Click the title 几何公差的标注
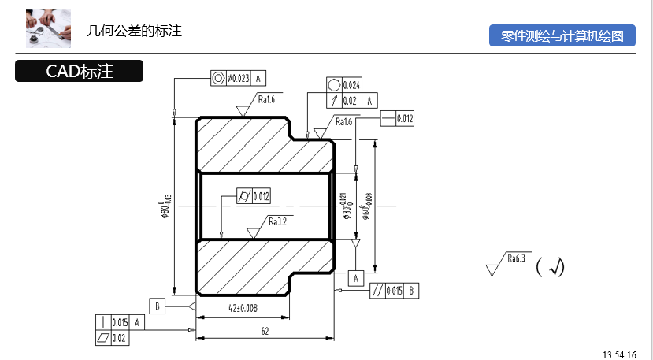coord(135,32)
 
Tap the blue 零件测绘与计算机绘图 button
coord(562,36)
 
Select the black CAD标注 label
coord(79,72)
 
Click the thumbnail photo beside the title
coord(49,29)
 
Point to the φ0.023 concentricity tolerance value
coord(238,78)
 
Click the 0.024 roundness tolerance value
coord(352,85)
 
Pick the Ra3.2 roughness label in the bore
coord(276,222)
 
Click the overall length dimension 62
coord(265,332)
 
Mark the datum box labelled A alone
coord(356,278)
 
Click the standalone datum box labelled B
coord(157,306)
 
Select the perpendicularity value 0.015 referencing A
coord(120,322)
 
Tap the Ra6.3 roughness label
coord(516,258)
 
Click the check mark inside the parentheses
coord(556,268)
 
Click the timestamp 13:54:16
coord(619,354)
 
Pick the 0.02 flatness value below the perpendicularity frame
coord(120,338)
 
